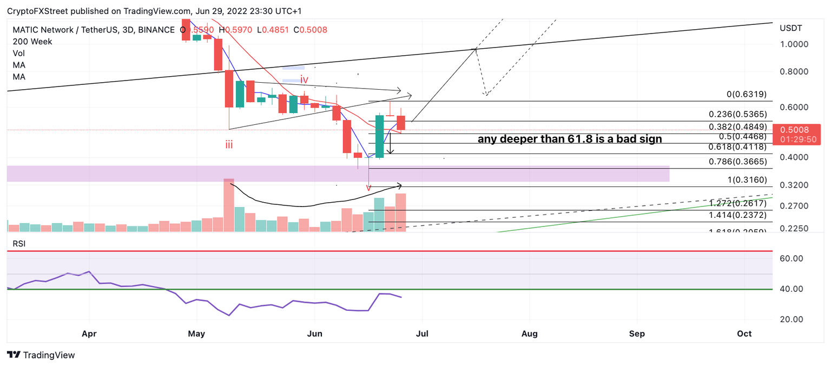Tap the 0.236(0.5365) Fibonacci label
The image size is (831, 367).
[x=738, y=115]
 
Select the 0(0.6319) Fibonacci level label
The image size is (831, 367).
[x=746, y=95]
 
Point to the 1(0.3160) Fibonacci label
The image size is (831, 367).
[x=747, y=181]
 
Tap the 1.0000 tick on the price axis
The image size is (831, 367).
[x=794, y=44]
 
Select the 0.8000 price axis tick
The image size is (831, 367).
[x=794, y=72]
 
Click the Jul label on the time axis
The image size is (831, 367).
[x=422, y=334]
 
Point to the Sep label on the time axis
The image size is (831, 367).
[x=637, y=334]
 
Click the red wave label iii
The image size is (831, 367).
[x=229, y=145]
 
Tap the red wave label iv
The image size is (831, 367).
[x=304, y=80]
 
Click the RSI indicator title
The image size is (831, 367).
[x=19, y=244]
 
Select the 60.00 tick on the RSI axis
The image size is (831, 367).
[x=792, y=258]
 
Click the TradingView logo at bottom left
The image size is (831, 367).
[x=41, y=355]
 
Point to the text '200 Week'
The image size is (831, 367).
[x=32, y=42]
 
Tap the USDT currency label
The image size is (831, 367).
[x=790, y=28]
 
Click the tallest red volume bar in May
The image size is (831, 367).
[x=229, y=205]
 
